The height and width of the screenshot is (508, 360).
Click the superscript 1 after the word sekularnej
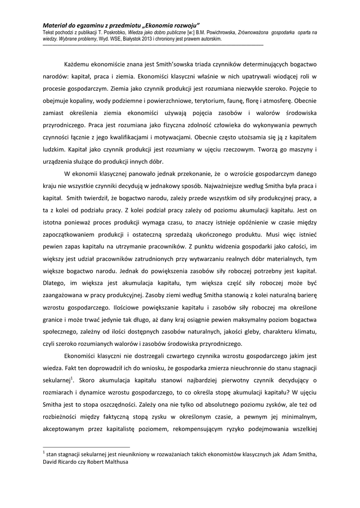click(x=72, y=378)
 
